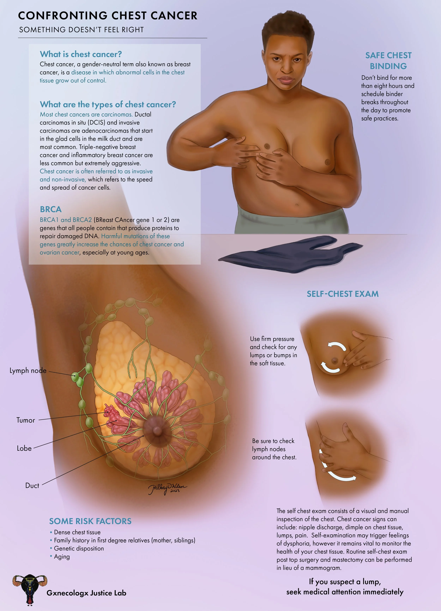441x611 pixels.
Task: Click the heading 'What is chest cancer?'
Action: (81, 54)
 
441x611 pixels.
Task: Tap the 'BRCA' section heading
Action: (51, 209)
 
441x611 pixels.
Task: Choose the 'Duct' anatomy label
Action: (32, 486)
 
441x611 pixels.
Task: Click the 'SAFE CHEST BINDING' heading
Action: (388, 61)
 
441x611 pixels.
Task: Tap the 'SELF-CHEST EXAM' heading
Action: (342, 294)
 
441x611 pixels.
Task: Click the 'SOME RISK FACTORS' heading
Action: (90, 521)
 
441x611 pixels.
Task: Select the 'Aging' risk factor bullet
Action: (62, 557)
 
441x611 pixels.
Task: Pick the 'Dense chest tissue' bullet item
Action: (77, 532)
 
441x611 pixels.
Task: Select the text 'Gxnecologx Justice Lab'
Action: (86, 593)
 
